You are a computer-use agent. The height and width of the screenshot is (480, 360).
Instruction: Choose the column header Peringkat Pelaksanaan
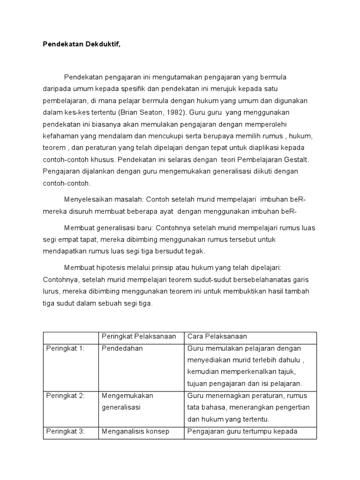(x=139, y=337)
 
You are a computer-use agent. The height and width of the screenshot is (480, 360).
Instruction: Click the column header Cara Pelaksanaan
(x=217, y=337)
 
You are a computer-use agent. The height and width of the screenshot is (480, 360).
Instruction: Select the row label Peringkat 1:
(x=65, y=348)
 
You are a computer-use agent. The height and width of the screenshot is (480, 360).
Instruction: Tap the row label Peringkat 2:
(x=65, y=396)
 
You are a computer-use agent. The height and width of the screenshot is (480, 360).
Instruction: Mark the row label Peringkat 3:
(x=65, y=431)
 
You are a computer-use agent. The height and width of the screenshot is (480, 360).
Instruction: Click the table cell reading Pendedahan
(x=122, y=348)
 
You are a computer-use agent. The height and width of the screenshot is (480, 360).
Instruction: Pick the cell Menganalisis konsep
(x=135, y=431)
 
